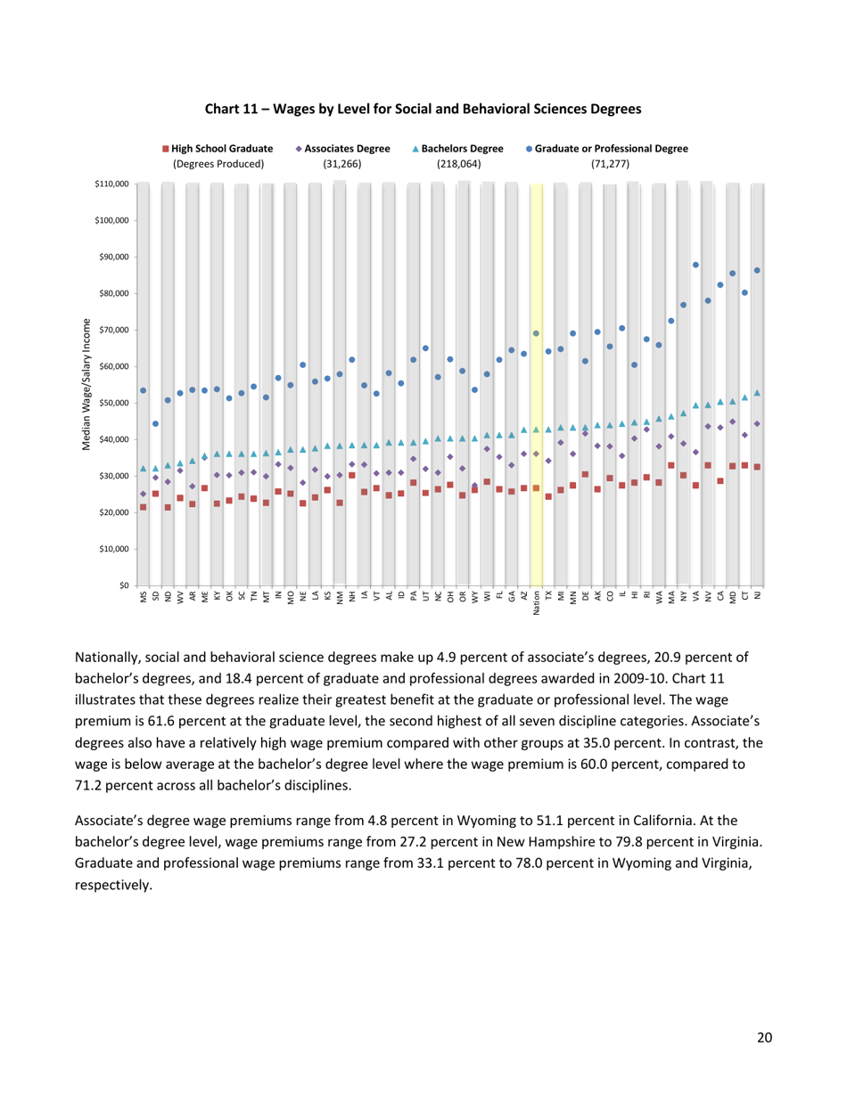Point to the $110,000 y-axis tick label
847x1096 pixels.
click(111, 184)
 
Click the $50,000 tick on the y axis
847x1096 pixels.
click(113, 403)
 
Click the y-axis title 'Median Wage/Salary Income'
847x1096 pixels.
click(86, 384)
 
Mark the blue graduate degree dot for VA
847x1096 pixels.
click(695, 265)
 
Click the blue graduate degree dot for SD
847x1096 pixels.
click(155, 423)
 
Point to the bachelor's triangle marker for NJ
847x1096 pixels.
click(757, 393)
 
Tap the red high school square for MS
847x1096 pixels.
click(143, 508)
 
